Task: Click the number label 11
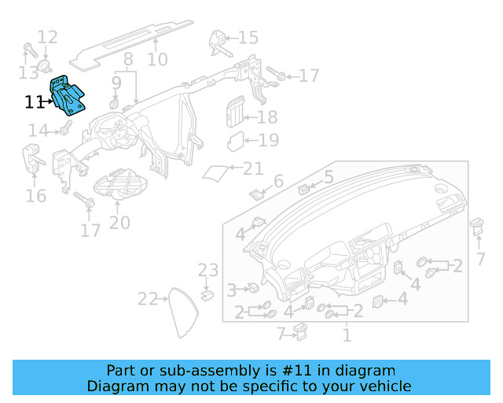[x=34, y=102]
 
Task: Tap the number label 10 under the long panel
[x=157, y=59]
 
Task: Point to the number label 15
[x=248, y=37]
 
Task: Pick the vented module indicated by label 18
[x=236, y=112]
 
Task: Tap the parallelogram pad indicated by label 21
[x=215, y=172]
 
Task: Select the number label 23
[x=207, y=271]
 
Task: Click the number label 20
[x=119, y=223]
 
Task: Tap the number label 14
[x=38, y=130]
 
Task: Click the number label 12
[x=47, y=36]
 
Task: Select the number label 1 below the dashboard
[x=346, y=336]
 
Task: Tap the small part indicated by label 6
[x=255, y=192]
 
